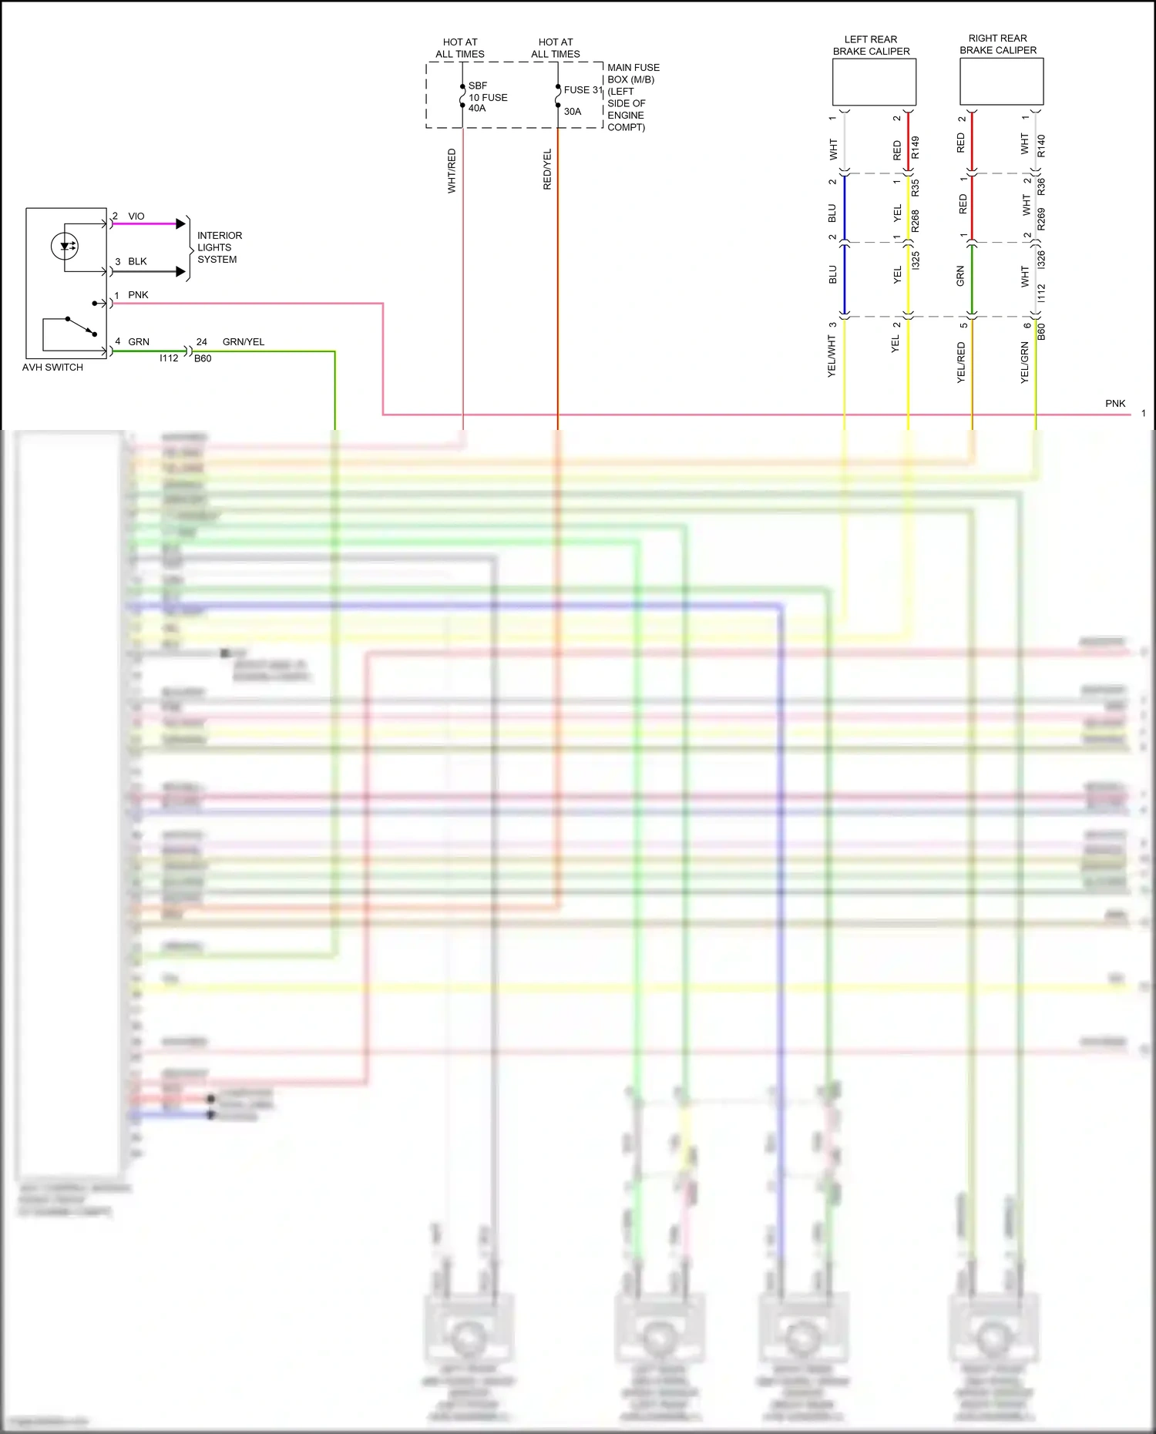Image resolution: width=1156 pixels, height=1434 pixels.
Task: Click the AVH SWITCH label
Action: click(x=52, y=368)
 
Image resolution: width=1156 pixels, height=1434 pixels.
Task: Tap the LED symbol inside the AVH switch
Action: click(x=66, y=247)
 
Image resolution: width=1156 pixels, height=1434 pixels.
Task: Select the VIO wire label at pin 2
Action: click(x=136, y=217)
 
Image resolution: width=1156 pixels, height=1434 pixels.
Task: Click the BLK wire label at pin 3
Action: click(x=137, y=262)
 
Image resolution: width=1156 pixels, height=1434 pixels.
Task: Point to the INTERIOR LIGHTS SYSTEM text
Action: click(x=219, y=247)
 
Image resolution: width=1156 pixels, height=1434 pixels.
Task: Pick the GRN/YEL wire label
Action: click(x=243, y=342)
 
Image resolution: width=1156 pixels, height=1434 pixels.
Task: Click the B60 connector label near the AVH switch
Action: click(x=203, y=359)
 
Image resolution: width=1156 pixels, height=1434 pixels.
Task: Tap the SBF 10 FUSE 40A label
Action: click(x=487, y=98)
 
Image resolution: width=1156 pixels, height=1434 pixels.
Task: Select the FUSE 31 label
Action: click(x=582, y=90)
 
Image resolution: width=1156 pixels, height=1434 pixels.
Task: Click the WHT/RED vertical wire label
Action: click(x=452, y=171)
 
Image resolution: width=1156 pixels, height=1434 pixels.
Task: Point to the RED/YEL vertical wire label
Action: click(x=547, y=170)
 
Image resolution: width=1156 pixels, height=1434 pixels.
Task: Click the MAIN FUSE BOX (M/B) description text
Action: click(x=633, y=97)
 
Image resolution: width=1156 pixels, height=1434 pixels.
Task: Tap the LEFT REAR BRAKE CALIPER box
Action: click(x=874, y=82)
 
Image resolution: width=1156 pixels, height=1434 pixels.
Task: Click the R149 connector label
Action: click(x=916, y=147)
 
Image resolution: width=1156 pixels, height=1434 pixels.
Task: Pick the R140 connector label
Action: click(x=1041, y=146)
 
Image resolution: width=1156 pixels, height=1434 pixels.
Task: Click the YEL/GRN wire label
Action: click(x=1024, y=363)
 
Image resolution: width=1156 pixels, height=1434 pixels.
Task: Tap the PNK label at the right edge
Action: click(x=1115, y=404)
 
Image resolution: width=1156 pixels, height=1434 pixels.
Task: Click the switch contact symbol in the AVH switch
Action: click(x=80, y=326)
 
